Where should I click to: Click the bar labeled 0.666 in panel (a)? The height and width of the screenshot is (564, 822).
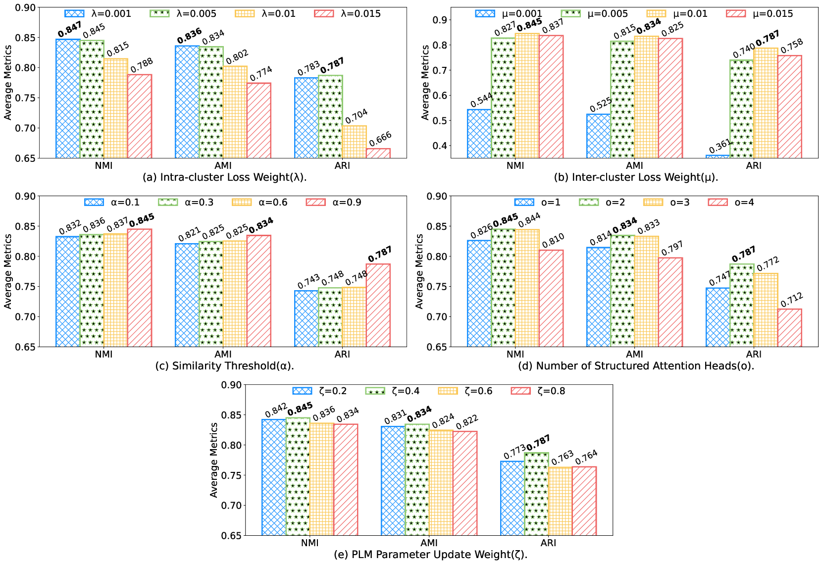378,153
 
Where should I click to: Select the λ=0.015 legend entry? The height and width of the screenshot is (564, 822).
347,14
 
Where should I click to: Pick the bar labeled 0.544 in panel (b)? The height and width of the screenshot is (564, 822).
479,134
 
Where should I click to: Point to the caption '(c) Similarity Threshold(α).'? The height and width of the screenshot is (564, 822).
224,366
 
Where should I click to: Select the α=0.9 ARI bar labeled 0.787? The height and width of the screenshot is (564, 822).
378,305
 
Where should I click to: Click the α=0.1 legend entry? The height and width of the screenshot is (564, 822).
112,203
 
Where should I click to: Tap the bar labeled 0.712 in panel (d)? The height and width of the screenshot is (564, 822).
790,328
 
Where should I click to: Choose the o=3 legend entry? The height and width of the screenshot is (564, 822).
667,203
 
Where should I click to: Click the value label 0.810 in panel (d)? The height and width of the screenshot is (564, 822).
553,241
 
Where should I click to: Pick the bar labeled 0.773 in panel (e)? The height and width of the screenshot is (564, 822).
513,498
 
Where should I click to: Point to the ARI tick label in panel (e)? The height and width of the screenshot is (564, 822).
548,543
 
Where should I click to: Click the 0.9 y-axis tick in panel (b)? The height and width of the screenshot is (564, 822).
440,20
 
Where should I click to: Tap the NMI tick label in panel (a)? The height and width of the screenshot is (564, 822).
103,166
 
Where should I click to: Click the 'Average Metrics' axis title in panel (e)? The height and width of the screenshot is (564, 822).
214,460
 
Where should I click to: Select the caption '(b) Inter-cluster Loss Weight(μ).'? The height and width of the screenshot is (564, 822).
636,177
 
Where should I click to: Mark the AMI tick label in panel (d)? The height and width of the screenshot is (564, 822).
634,355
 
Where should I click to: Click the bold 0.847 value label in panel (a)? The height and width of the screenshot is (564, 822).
69,30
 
